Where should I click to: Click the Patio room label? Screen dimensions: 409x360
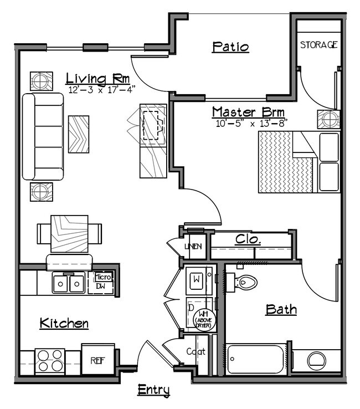pos(230,47)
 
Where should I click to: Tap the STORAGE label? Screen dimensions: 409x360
pos(318,45)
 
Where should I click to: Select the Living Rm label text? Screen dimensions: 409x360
pos(97,78)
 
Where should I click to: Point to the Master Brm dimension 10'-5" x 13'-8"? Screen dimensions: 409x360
pos(251,123)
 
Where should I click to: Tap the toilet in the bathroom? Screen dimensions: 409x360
pos(245,283)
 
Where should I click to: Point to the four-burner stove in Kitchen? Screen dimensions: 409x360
pos(50,360)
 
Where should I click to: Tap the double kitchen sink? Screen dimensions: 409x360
pos(69,283)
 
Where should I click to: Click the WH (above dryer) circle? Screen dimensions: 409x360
pos(203,320)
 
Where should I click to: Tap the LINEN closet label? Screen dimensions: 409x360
pos(195,247)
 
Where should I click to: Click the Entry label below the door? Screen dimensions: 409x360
pos(153,390)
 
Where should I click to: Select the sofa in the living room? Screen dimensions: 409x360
pos(43,136)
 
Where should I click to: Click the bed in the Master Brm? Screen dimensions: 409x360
pos(298,162)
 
